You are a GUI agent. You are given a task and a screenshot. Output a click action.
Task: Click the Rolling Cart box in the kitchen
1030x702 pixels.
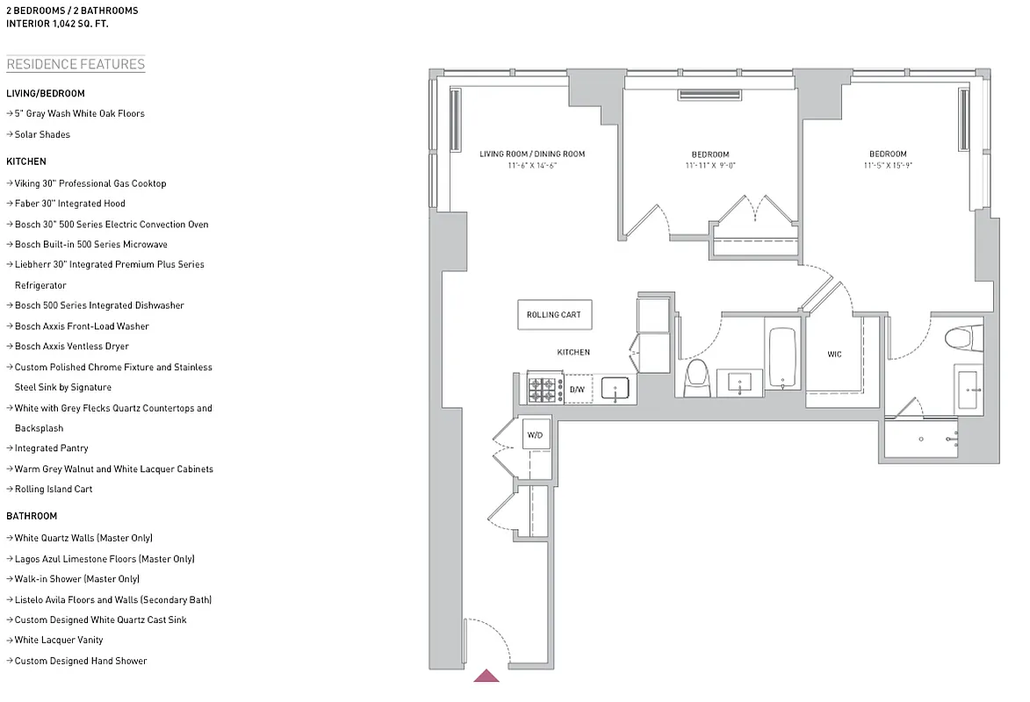pyautogui.click(x=553, y=315)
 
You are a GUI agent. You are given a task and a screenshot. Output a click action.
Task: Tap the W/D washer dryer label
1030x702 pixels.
pyautogui.click(x=535, y=434)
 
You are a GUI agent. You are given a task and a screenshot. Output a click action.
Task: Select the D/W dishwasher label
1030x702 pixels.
pyautogui.click(x=577, y=389)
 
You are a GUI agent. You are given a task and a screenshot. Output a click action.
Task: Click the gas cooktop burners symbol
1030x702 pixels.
pyautogui.click(x=544, y=388)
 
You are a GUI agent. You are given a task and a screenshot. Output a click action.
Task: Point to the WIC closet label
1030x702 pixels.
pyautogui.click(x=834, y=355)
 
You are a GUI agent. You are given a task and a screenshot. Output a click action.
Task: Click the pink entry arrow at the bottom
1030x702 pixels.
pyautogui.click(x=486, y=676)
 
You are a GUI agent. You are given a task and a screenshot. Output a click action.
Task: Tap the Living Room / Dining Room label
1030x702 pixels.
pyautogui.click(x=532, y=154)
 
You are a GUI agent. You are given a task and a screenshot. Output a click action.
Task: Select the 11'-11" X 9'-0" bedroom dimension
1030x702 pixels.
pyautogui.click(x=710, y=166)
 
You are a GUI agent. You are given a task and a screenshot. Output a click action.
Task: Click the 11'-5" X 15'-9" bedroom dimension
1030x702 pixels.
pyautogui.click(x=889, y=166)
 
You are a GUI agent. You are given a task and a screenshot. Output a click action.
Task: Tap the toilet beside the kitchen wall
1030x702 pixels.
pyautogui.click(x=696, y=376)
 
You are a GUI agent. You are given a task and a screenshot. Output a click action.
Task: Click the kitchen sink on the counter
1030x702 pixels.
pyautogui.click(x=615, y=389)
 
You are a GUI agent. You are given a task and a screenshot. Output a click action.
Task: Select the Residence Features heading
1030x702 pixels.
pyautogui.click(x=76, y=64)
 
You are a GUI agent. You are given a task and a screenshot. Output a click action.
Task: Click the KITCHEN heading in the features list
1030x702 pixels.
pyautogui.click(x=26, y=161)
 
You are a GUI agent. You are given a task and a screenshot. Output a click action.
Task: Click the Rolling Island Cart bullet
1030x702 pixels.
pyautogui.click(x=54, y=489)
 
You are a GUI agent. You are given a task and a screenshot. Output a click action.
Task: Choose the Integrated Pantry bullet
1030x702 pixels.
pyautogui.click(x=52, y=448)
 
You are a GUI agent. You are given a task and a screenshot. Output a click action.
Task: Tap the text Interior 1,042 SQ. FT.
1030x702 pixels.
pyautogui.click(x=57, y=25)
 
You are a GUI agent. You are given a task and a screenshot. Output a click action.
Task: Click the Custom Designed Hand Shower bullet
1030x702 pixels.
pyautogui.click(x=81, y=661)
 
